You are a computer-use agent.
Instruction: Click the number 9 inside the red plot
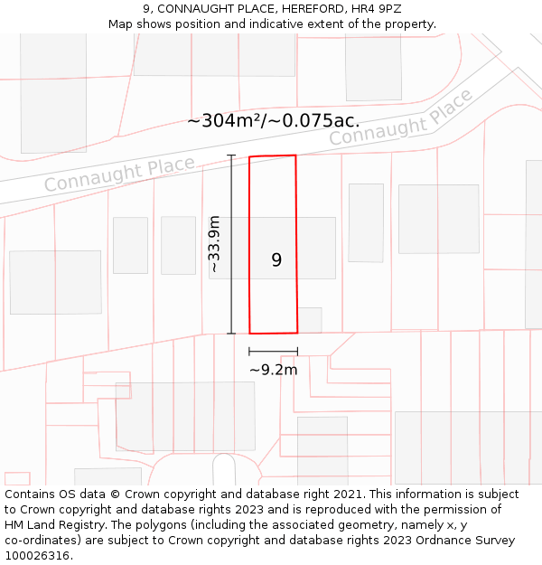pos(276,260)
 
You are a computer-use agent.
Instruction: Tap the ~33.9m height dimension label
pos(214,244)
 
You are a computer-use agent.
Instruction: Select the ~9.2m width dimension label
pos(273,369)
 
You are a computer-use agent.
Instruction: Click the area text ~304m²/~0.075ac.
pos(273,120)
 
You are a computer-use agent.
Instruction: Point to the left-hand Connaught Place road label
pos(119,174)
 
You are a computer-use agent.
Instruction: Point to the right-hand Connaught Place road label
pos(400,118)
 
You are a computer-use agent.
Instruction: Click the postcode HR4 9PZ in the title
pos(373,9)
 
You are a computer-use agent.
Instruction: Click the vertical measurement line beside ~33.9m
pos(231,244)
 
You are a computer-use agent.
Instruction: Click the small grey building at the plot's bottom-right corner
pos(310,319)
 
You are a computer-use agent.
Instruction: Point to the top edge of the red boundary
pos(273,156)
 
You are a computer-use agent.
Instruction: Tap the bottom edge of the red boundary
pos(273,333)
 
